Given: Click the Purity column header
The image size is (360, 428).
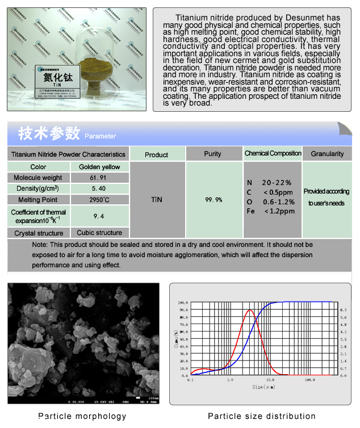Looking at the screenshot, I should [212, 154].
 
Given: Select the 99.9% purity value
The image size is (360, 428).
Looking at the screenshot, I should [214, 200].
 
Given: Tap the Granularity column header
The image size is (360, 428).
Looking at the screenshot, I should [327, 154].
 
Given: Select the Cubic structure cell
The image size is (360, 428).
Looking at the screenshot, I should [100, 232].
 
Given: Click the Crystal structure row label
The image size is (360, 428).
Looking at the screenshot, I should [39, 233].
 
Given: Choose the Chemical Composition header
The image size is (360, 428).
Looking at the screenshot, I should [273, 153].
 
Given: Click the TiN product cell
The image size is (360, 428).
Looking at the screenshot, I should [157, 200].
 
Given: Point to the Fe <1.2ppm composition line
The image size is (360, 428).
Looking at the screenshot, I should [271, 211].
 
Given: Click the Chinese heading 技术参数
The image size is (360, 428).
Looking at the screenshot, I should [49, 134].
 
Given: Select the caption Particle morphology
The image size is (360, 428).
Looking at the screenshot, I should [82, 416].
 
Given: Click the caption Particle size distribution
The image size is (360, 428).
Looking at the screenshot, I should [261, 416].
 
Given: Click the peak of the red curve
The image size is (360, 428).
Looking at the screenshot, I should [249, 309].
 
